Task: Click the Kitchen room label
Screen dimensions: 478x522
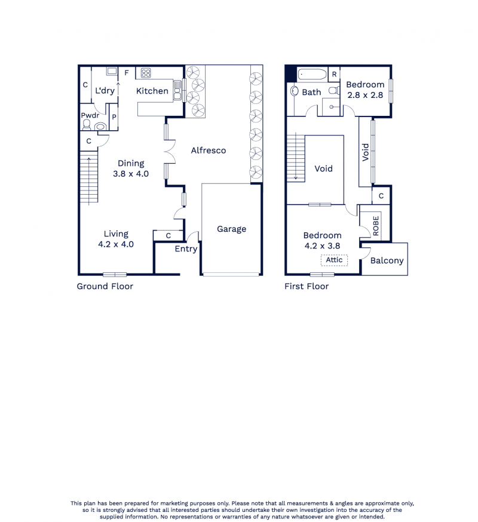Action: click(152, 91)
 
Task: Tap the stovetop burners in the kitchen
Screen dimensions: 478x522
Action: click(146, 73)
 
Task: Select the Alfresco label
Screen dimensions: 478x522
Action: click(209, 151)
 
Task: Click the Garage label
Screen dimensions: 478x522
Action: click(231, 229)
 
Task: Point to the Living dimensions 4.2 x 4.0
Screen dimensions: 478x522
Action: click(116, 244)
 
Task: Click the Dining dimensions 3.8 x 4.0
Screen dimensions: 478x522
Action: click(131, 174)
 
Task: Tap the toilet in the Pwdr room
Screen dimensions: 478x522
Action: click(87, 125)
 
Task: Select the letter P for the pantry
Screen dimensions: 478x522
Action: click(114, 117)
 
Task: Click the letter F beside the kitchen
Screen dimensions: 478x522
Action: click(127, 73)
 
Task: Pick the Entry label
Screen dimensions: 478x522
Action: click(186, 249)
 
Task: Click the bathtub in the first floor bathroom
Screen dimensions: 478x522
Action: click(312, 75)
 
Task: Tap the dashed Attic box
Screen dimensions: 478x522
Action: click(334, 260)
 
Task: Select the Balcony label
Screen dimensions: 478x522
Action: click(387, 260)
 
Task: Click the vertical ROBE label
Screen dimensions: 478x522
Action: click(376, 226)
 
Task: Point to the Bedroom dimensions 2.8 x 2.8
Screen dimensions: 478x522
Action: click(365, 95)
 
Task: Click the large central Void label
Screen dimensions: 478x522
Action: click(323, 168)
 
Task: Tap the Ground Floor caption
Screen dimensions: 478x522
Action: click(105, 286)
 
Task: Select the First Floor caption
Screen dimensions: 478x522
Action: click(307, 286)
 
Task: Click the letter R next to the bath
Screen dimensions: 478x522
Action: click(334, 75)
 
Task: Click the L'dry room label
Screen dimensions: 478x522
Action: click(105, 91)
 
